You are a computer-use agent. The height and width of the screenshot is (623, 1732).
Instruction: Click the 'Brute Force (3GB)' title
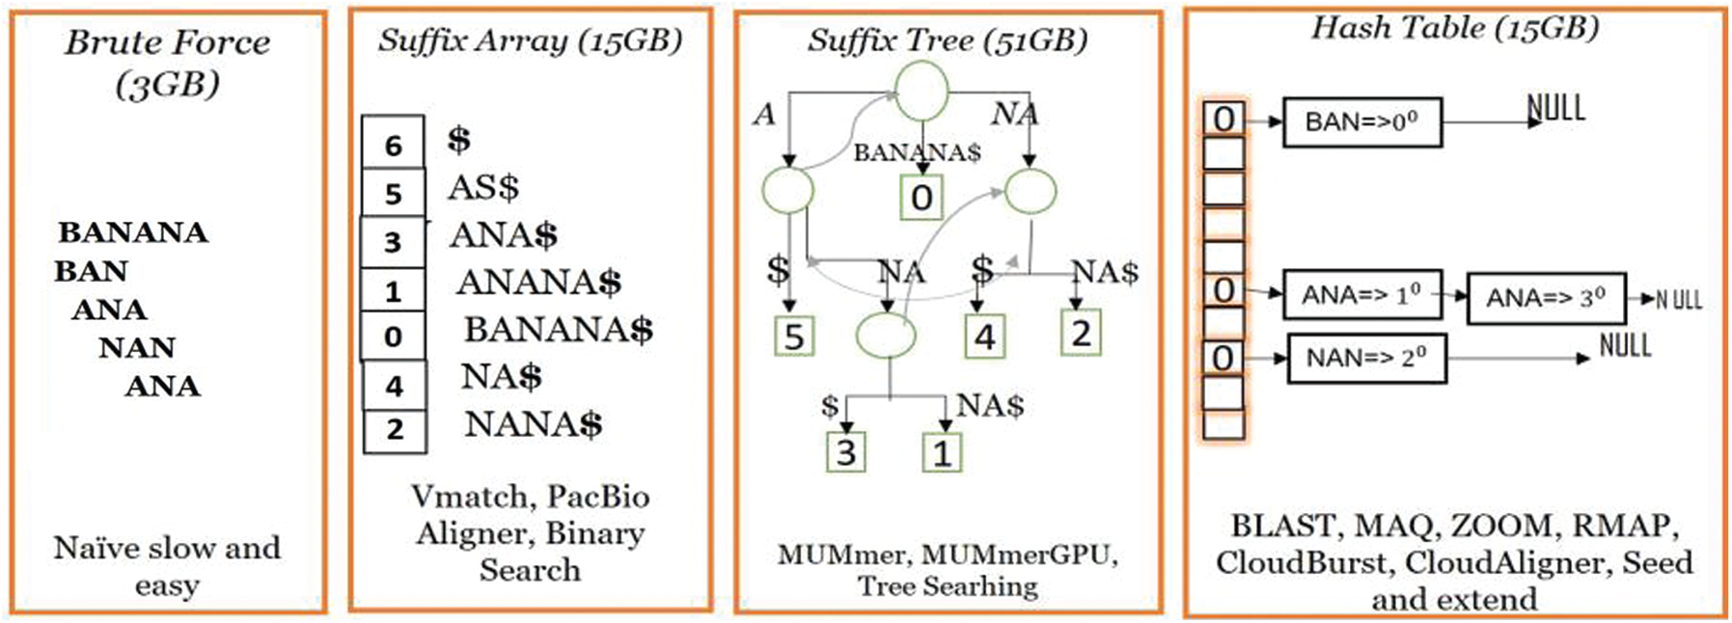[167, 62]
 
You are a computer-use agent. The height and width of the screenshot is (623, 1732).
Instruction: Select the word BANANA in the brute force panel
[133, 232]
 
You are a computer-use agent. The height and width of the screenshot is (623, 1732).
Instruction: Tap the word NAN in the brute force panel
[137, 347]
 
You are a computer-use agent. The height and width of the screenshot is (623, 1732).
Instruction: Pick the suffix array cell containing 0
[393, 337]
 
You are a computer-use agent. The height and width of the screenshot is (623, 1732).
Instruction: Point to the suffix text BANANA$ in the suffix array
[559, 330]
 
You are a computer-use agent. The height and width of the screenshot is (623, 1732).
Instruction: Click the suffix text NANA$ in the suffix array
[533, 424]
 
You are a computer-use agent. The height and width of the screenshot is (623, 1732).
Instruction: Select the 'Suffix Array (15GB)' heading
[530, 41]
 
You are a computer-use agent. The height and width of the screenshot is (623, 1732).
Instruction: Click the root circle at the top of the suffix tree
[921, 91]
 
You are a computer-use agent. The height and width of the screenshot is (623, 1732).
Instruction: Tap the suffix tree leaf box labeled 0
[921, 198]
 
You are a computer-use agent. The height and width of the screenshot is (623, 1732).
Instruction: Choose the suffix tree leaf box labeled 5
[794, 337]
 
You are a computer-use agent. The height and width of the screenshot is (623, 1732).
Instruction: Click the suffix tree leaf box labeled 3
[845, 451]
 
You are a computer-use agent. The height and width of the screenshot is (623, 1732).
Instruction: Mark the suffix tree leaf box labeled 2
[1081, 334]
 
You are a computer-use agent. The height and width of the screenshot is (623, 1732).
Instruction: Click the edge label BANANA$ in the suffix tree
[917, 152]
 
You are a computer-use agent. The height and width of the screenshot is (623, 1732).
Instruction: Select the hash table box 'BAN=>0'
[1361, 122]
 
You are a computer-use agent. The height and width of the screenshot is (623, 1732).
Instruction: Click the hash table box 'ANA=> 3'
[1546, 298]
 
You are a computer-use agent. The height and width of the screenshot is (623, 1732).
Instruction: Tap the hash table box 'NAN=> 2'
[1366, 358]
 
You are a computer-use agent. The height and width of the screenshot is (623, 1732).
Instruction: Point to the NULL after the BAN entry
[1555, 107]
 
